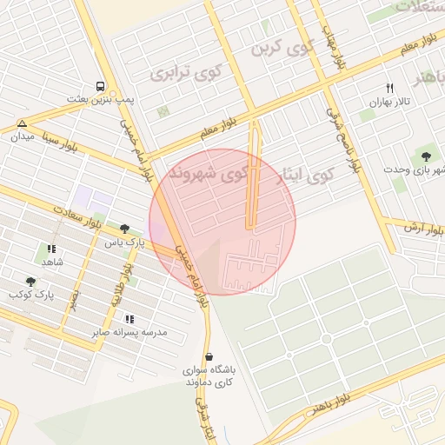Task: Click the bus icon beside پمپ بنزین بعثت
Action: click(x=102, y=87)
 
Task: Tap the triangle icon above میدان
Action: click(x=22, y=124)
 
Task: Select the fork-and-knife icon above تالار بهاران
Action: click(x=389, y=88)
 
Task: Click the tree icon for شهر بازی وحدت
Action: click(x=426, y=156)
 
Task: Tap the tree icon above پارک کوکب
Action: click(x=31, y=282)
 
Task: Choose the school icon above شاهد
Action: click(x=50, y=249)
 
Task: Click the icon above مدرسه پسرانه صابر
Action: click(x=130, y=319)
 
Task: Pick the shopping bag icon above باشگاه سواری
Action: click(x=209, y=355)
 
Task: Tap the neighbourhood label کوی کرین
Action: click(x=280, y=49)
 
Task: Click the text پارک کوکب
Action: click(x=31, y=296)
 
